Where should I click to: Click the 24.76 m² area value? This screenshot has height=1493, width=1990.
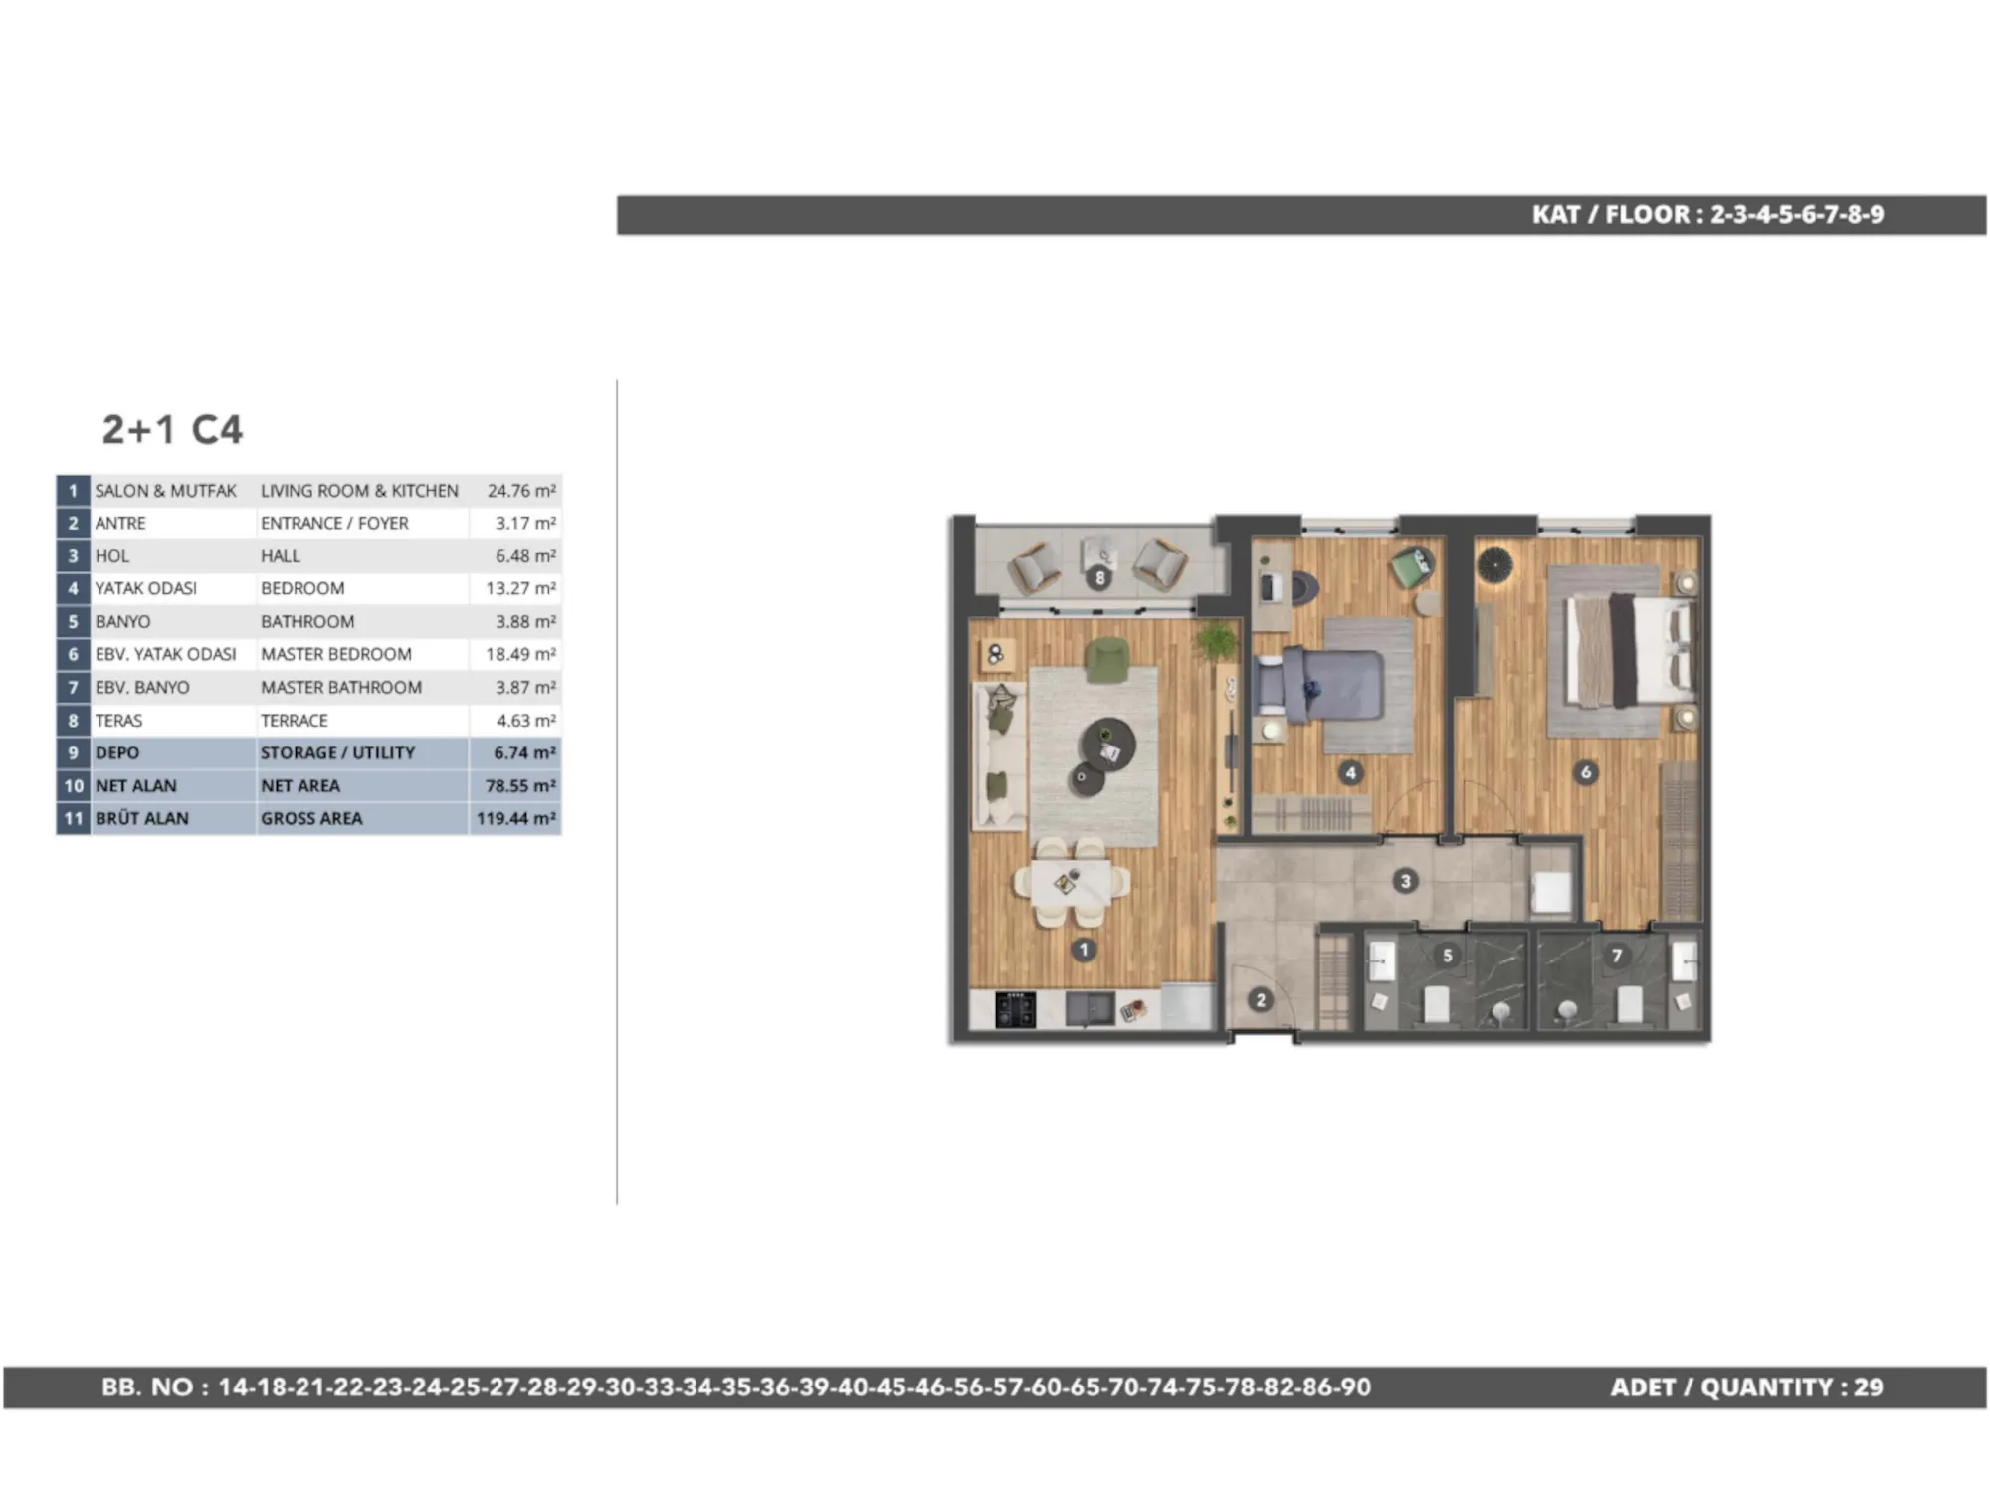point(521,491)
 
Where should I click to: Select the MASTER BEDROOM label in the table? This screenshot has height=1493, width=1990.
point(336,654)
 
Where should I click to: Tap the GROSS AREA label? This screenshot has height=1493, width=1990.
point(311,818)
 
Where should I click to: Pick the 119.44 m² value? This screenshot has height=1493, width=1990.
point(515,818)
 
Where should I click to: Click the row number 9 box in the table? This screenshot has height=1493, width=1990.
point(73,752)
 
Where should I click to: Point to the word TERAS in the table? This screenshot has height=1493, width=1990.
point(118,720)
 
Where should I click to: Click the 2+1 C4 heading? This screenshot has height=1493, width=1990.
point(172,429)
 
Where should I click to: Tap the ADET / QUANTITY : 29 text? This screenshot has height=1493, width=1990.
point(1746,1386)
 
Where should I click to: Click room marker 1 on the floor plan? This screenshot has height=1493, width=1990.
point(1084,950)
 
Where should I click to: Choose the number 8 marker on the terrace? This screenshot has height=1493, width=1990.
point(1099,577)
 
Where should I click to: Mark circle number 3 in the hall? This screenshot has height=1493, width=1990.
point(1405,880)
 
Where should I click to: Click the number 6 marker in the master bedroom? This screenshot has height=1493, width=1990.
point(1586,771)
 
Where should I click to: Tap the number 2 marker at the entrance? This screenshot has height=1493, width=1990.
point(1261,999)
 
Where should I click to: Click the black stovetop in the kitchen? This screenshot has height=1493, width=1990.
point(1016,1009)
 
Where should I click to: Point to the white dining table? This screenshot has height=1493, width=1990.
point(1071,882)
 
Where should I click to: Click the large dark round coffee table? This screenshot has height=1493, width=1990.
point(1107,744)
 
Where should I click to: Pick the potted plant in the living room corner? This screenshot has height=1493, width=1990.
point(1216,640)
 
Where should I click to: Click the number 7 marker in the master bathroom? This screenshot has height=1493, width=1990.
point(1617,955)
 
